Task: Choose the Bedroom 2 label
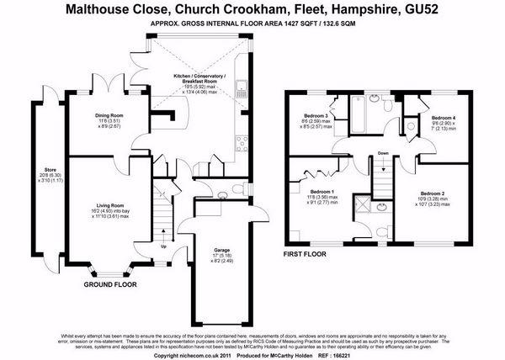coord(430,193)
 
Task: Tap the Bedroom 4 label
coord(443,118)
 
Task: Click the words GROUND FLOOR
coord(109,285)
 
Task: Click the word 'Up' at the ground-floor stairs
coord(162,247)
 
